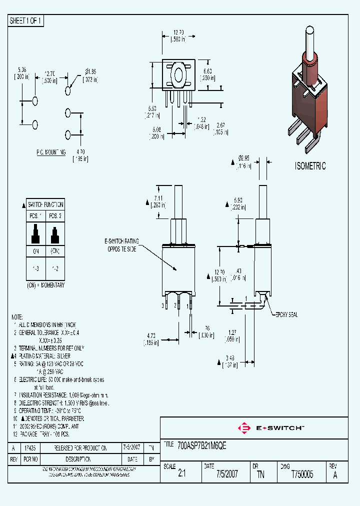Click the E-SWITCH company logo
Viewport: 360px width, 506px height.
click(x=272, y=428)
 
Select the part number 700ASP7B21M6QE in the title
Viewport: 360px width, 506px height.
click(x=202, y=446)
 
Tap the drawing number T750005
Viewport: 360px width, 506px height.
click(x=302, y=475)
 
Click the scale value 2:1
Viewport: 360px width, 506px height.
click(x=181, y=475)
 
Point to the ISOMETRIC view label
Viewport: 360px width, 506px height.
click(x=310, y=166)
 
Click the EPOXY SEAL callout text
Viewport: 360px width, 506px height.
click(x=286, y=314)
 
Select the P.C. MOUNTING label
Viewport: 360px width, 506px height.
click(x=50, y=151)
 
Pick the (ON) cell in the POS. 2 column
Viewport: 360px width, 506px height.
click(x=54, y=251)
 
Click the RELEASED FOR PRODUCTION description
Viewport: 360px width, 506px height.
click(x=80, y=448)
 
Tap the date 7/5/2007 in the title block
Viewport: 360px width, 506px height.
click(x=227, y=475)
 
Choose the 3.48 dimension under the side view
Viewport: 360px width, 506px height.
click(x=230, y=361)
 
